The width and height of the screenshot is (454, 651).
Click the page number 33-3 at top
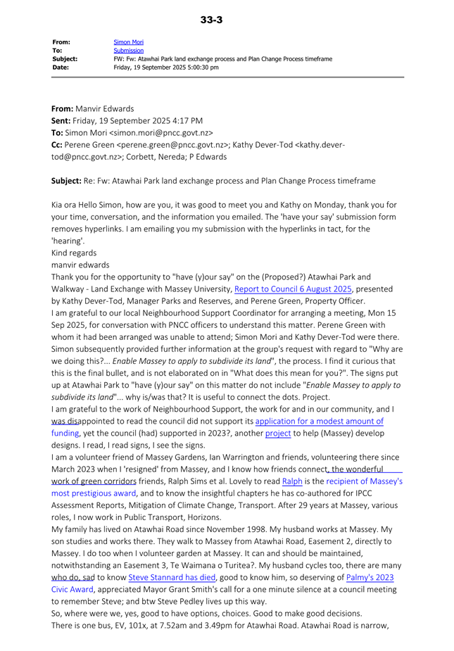(x=211, y=20)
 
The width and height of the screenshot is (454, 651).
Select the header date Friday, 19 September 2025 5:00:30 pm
(x=166, y=68)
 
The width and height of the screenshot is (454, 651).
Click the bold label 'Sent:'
(x=64, y=120)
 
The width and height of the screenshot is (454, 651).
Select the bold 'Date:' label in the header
(x=62, y=68)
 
